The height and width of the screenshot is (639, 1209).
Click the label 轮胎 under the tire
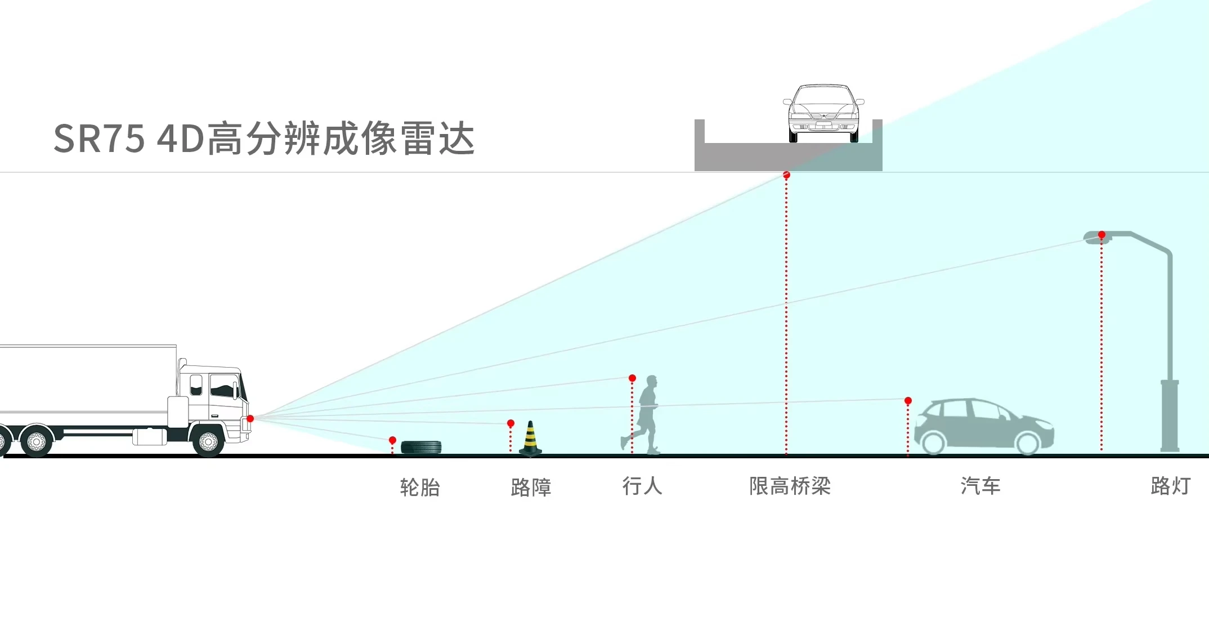[x=420, y=487]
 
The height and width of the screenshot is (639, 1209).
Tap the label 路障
[x=531, y=487]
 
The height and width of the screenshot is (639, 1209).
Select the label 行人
[x=642, y=486]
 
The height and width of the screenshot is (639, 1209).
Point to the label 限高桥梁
[x=790, y=486]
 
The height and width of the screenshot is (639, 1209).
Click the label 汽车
[x=980, y=486]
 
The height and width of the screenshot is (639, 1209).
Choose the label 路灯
[x=1171, y=486]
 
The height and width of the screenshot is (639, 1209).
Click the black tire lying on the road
[x=421, y=448]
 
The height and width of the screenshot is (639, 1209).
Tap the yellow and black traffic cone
[x=530, y=438]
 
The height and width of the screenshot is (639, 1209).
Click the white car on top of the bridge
[x=823, y=113]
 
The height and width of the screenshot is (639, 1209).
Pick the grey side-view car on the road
[x=984, y=426]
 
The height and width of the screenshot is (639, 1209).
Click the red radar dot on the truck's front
[x=250, y=418]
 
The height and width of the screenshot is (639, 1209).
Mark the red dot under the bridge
[x=786, y=175]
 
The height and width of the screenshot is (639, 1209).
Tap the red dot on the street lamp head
[x=1101, y=235]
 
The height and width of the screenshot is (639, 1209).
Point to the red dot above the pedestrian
[x=632, y=378]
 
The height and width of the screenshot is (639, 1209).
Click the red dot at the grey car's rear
[x=908, y=401]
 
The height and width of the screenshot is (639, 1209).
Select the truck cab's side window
[x=223, y=386]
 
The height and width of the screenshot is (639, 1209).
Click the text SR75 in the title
[x=99, y=138]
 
